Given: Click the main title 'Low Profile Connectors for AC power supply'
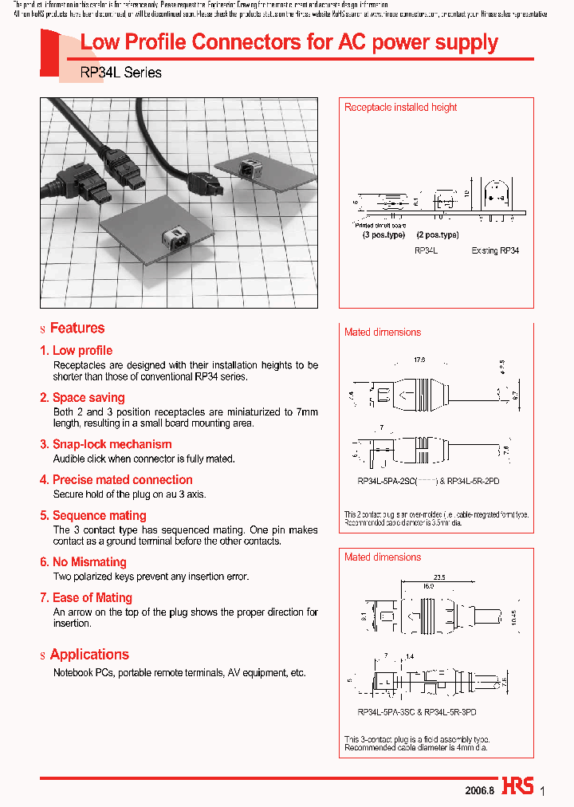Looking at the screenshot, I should [289, 43].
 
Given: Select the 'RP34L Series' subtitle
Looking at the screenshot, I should [121, 73].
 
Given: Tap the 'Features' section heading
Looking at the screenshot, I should [77, 328].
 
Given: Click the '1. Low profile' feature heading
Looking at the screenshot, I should [77, 351].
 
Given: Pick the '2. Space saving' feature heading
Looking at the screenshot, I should [82, 397].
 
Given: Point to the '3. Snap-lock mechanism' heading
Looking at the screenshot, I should [105, 444].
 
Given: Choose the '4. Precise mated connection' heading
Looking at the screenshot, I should [116, 480].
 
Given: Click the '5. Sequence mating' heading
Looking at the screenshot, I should [93, 516].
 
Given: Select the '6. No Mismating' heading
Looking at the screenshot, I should [83, 562].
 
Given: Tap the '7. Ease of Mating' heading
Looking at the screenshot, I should [86, 598].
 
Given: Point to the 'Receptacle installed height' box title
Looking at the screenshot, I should [400, 108].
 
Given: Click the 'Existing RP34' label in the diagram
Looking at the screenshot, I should [495, 250].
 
